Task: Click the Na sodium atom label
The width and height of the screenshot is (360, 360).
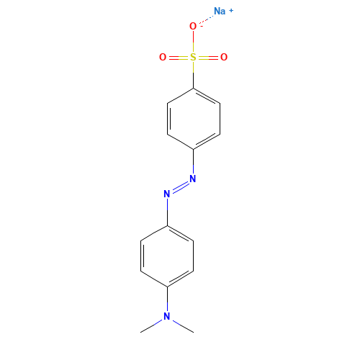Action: pos(220,11)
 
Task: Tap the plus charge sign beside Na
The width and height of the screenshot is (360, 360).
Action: pos(231,11)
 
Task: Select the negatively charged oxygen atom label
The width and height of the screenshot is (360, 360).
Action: pos(193,26)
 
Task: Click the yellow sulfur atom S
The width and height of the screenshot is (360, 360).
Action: pos(193,57)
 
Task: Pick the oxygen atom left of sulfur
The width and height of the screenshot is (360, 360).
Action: pos(163,57)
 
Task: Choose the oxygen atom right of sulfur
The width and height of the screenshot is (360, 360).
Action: pos(224,57)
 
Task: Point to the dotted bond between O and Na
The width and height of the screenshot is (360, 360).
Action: pos(206,19)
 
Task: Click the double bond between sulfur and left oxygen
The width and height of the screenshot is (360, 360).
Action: pos(179,58)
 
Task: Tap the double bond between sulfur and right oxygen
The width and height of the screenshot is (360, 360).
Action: pos(208,58)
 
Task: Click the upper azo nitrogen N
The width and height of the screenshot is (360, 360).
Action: pos(193,179)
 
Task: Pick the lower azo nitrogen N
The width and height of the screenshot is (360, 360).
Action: pos(167,194)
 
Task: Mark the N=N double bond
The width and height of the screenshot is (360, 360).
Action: pos(180,186)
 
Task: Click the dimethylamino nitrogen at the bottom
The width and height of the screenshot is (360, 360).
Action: pos(167,317)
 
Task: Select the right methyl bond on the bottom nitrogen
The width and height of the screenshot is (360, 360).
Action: pos(183,326)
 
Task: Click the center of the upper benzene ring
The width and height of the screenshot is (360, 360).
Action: pos(194,119)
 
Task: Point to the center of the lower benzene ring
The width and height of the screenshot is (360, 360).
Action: pos(167,256)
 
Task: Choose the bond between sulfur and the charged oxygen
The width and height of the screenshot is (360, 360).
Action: pos(194,42)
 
